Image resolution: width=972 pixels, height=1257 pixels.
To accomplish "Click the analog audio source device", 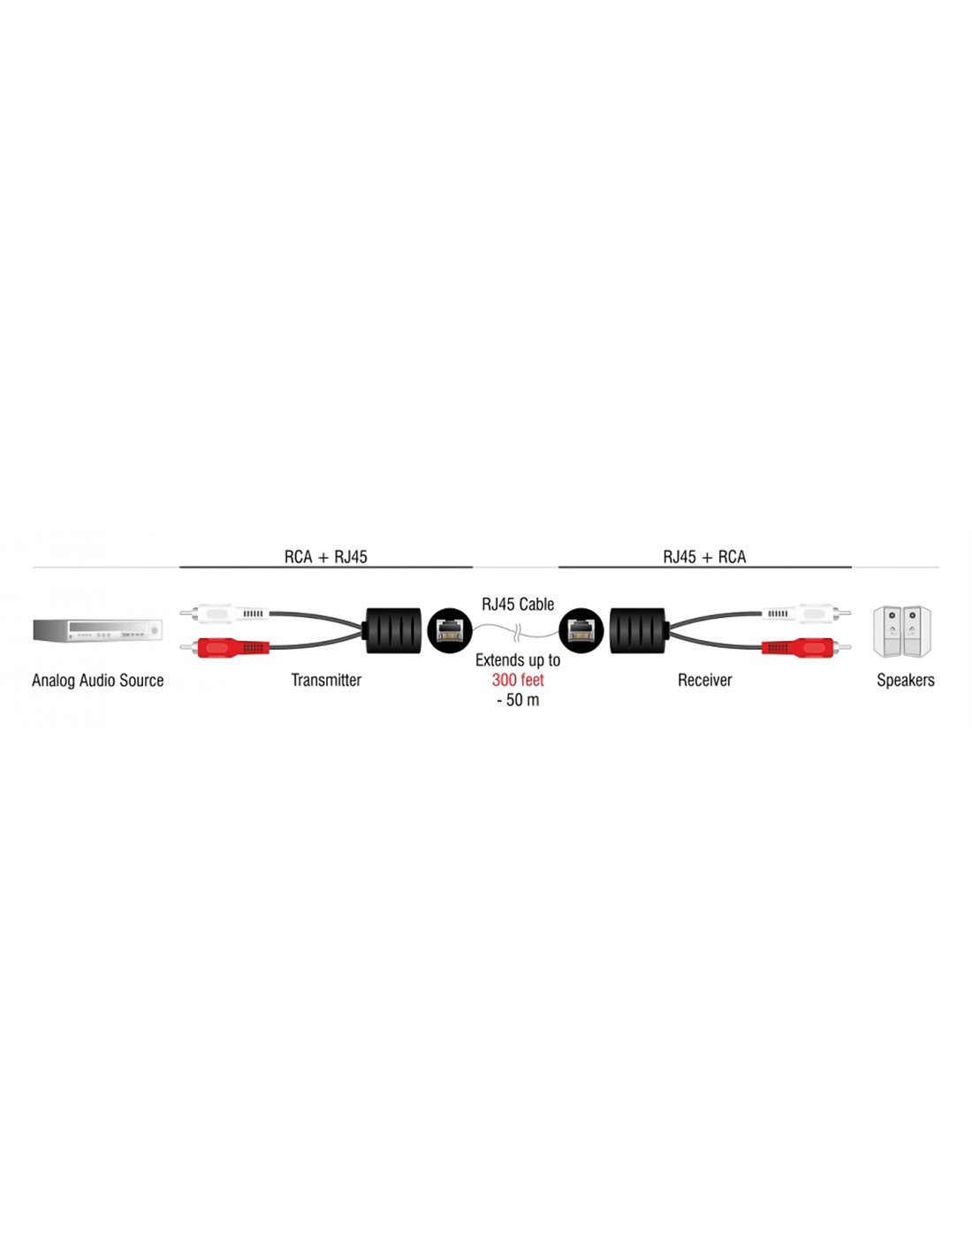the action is point(97,630).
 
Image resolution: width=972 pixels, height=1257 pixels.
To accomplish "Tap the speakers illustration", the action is point(902,631).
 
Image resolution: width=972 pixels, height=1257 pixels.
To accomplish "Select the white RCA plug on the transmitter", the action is point(224,613).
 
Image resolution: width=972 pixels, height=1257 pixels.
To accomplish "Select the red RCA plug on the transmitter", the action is point(224,648).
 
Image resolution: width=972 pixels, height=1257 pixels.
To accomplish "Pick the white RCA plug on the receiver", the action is point(807,613).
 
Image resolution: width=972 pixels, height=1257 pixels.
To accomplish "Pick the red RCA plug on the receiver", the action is point(807,648).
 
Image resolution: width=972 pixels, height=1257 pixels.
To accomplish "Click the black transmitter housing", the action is point(392,630).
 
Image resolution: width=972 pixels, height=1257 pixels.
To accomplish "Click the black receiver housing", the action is point(639,630).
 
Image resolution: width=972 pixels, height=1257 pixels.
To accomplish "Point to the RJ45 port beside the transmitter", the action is point(449,630).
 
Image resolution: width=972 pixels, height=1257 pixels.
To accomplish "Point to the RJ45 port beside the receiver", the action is point(581,630).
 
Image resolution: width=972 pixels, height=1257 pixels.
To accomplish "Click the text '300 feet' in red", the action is point(518,680).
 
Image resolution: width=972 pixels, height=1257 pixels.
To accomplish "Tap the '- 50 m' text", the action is point(518,700).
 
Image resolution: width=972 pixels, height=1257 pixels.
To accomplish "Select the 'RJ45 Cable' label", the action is point(518,605).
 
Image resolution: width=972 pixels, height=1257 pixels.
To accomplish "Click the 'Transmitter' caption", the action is point(326,681).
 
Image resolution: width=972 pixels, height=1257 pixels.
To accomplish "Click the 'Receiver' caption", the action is point(704,681).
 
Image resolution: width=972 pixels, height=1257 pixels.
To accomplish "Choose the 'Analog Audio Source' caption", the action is point(98,681).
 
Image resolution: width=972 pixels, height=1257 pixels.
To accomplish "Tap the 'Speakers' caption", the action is point(905,681).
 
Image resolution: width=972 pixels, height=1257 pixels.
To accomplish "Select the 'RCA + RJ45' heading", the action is point(325,557).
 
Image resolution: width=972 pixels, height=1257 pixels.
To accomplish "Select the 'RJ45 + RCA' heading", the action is point(704,557).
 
